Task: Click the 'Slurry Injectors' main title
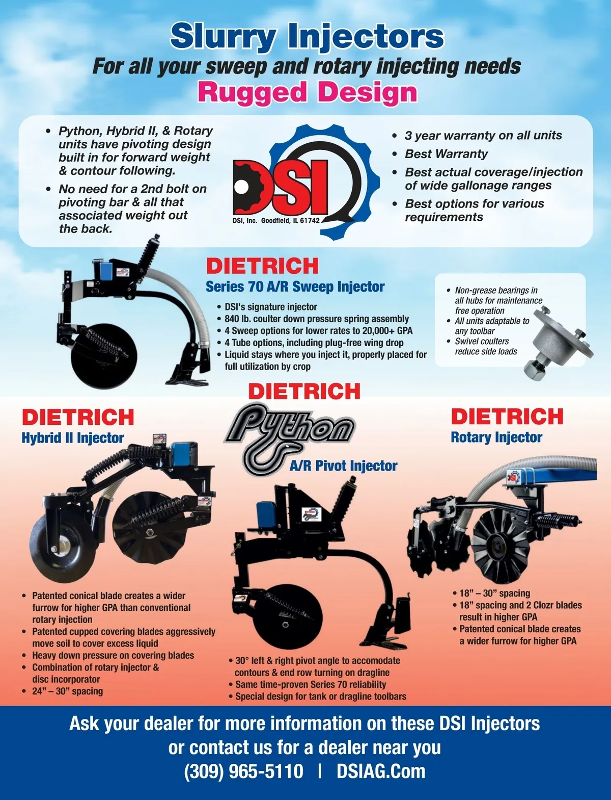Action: click(307, 36)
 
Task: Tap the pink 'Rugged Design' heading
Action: click(308, 93)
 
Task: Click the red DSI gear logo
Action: click(305, 182)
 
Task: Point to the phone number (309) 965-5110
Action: click(243, 771)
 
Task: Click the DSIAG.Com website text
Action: click(381, 771)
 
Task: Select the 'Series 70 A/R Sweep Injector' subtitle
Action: click(295, 287)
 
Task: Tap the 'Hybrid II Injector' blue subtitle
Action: click(73, 437)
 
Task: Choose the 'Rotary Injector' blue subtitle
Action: click(496, 437)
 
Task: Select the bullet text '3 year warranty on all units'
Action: click(483, 136)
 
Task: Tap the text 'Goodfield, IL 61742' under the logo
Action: click(290, 220)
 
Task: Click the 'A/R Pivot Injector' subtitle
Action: click(343, 466)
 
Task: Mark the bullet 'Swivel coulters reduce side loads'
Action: click(486, 346)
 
